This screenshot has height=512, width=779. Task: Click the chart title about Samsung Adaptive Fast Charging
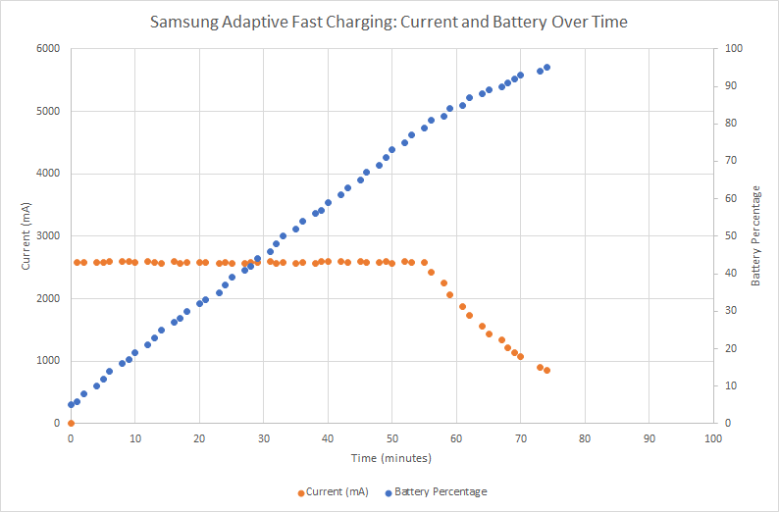click(x=389, y=21)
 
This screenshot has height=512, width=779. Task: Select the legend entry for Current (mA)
click(x=333, y=491)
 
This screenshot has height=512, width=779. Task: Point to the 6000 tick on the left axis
click(x=48, y=49)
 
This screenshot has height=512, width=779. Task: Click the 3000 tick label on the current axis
click(x=48, y=236)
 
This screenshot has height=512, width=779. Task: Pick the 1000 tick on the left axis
click(x=48, y=361)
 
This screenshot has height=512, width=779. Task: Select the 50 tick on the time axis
click(x=391, y=438)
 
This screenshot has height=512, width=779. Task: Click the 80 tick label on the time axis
click(x=585, y=438)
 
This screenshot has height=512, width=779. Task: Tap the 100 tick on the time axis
click(x=712, y=438)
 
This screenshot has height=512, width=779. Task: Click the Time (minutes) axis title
click(x=391, y=457)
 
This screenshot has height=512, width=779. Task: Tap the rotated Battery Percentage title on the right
click(x=755, y=235)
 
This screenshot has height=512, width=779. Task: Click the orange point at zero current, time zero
click(x=71, y=423)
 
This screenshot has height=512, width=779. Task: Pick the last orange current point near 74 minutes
click(x=546, y=370)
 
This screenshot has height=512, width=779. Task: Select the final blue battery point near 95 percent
click(x=546, y=68)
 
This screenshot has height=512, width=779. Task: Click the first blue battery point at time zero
click(x=71, y=404)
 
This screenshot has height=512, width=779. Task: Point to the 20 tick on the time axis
click(x=199, y=438)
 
